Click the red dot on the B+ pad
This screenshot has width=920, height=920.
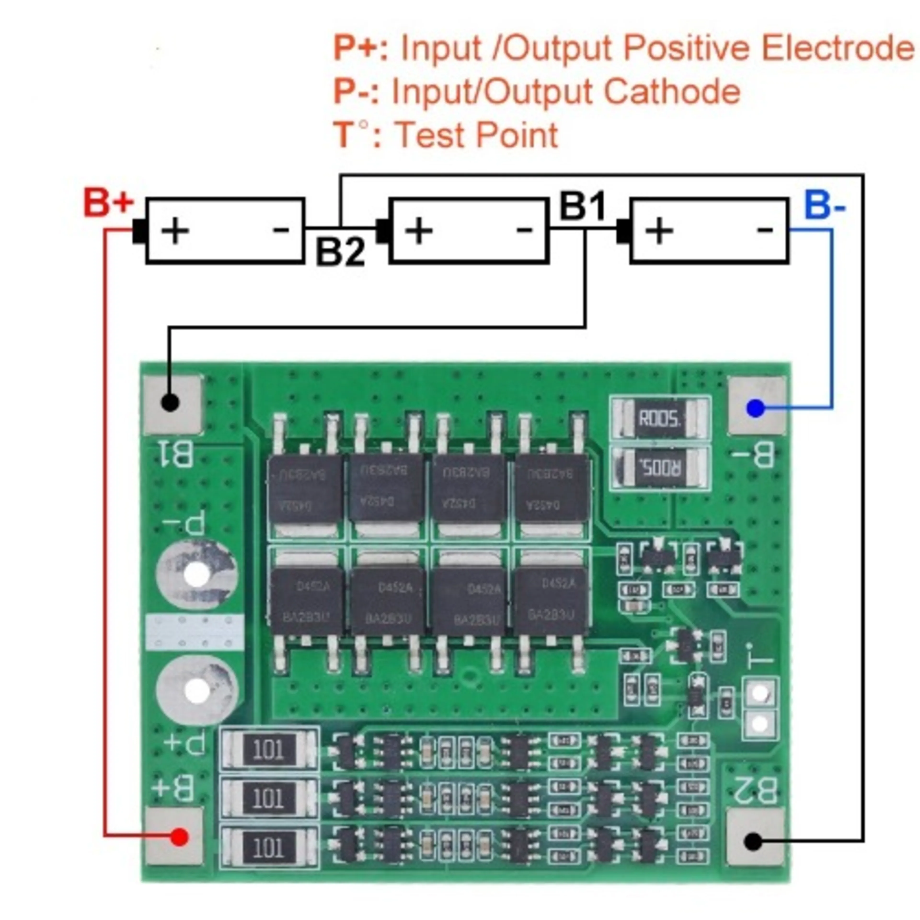click(x=179, y=837)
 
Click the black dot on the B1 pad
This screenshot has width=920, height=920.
click(x=170, y=402)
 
